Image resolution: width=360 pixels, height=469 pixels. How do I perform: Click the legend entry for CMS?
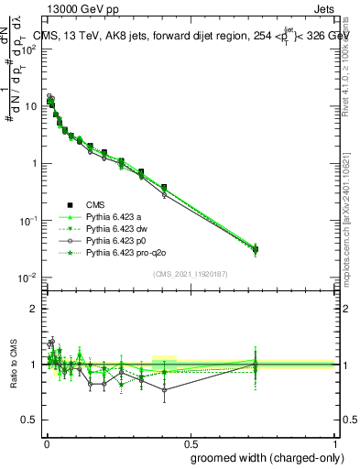coord(95,205)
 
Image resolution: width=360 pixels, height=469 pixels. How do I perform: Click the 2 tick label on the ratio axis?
coord(32,310)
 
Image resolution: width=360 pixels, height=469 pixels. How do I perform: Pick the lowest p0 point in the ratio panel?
coord(164,389)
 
